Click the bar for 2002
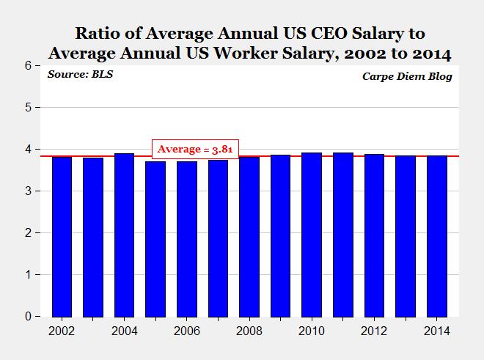62,237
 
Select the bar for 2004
124,235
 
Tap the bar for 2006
186,239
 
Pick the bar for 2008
249,237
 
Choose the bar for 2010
312,235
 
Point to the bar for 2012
374,235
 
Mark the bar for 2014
436,236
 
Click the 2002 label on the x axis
62,331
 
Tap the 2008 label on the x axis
249,331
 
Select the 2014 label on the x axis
436,331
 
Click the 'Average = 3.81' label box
196,149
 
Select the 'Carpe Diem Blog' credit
408,76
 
